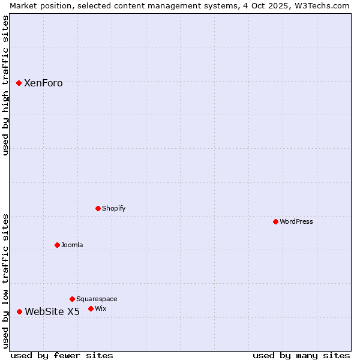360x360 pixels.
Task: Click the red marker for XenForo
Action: pyautogui.click(x=19, y=83)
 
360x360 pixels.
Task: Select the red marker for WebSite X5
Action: pyautogui.click(x=20, y=311)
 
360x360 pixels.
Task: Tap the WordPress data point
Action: pyautogui.click(x=275, y=221)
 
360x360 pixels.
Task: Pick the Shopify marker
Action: pyautogui.click(x=98, y=208)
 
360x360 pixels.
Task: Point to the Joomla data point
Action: pyautogui.click(x=57, y=245)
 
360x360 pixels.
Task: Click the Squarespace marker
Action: pyautogui.click(x=72, y=299)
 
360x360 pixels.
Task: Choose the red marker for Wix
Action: pyautogui.click(x=91, y=308)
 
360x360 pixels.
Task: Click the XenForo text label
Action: pyautogui.click(x=43, y=83)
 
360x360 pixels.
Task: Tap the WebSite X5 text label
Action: pyautogui.click(x=52, y=312)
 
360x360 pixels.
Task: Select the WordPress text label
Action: pyautogui.click(x=296, y=222)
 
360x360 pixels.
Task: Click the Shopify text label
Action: pyautogui.click(x=114, y=209)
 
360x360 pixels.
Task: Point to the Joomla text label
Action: pyautogui.click(x=72, y=245)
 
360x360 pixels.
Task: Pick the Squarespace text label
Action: pyautogui.click(x=97, y=299)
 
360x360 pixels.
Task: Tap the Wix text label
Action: pyautogui.click(x=101, y=309)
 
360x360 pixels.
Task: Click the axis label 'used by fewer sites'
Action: pyautogui.click(x=62, y=355)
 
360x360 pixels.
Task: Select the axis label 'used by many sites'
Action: pyautogui.click(x=301, y=355)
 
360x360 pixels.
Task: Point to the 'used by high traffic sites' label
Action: pyautogui.click(x=6, y=85)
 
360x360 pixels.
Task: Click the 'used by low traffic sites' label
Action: pyautogui.click(x=6, y=281)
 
